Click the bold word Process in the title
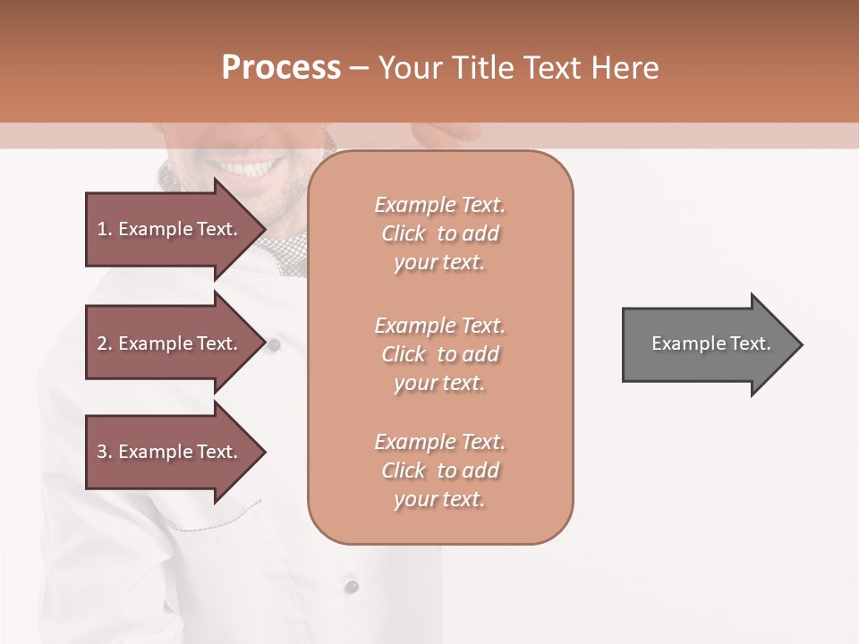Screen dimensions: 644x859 [281, 68]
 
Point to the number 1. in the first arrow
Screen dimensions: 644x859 [105, 229]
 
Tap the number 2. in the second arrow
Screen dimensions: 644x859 [105, 343]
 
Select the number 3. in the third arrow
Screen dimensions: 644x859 [105, 452]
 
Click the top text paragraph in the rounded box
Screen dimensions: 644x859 [439, 233]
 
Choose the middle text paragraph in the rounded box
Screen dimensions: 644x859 [439, 354]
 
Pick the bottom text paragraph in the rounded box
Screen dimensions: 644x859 [439, 470]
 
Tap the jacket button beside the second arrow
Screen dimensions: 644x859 [276, 343]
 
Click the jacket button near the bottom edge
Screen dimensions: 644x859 [353, 586]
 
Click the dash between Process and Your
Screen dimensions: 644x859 [360, 68]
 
